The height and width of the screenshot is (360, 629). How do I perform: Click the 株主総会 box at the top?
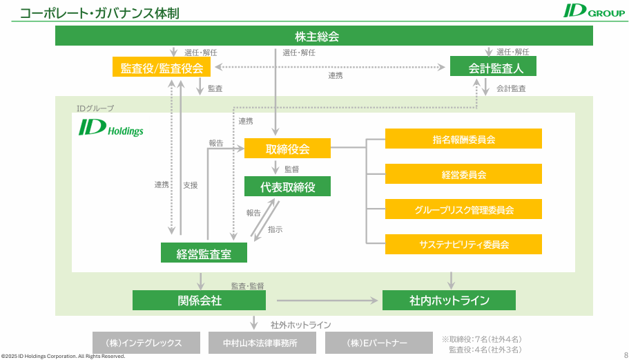324,36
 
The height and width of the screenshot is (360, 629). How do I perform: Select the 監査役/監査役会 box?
162,67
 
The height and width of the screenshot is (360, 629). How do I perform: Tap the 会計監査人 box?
492,67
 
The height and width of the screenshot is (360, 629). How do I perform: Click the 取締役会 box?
287,149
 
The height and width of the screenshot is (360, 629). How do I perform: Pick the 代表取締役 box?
287,187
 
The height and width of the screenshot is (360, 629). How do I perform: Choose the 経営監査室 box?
204,253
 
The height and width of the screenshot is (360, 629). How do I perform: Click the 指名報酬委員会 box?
463,139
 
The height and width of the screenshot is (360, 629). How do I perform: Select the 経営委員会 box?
463,174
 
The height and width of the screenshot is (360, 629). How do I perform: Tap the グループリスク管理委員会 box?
463,209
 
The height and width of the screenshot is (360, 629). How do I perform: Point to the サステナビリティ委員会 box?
463,245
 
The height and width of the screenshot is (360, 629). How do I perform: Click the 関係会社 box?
199,301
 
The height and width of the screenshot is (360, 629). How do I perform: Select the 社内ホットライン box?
449,301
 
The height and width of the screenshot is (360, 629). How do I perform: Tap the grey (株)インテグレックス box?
144,343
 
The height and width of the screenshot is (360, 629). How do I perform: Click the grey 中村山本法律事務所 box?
262,343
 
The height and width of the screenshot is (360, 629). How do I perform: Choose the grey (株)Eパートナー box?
377,343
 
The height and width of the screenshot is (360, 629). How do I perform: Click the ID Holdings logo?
110,129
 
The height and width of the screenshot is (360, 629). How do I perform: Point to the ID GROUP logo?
593,11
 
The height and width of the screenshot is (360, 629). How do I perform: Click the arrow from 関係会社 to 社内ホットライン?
327,301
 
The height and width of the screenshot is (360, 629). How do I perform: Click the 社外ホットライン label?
300,325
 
